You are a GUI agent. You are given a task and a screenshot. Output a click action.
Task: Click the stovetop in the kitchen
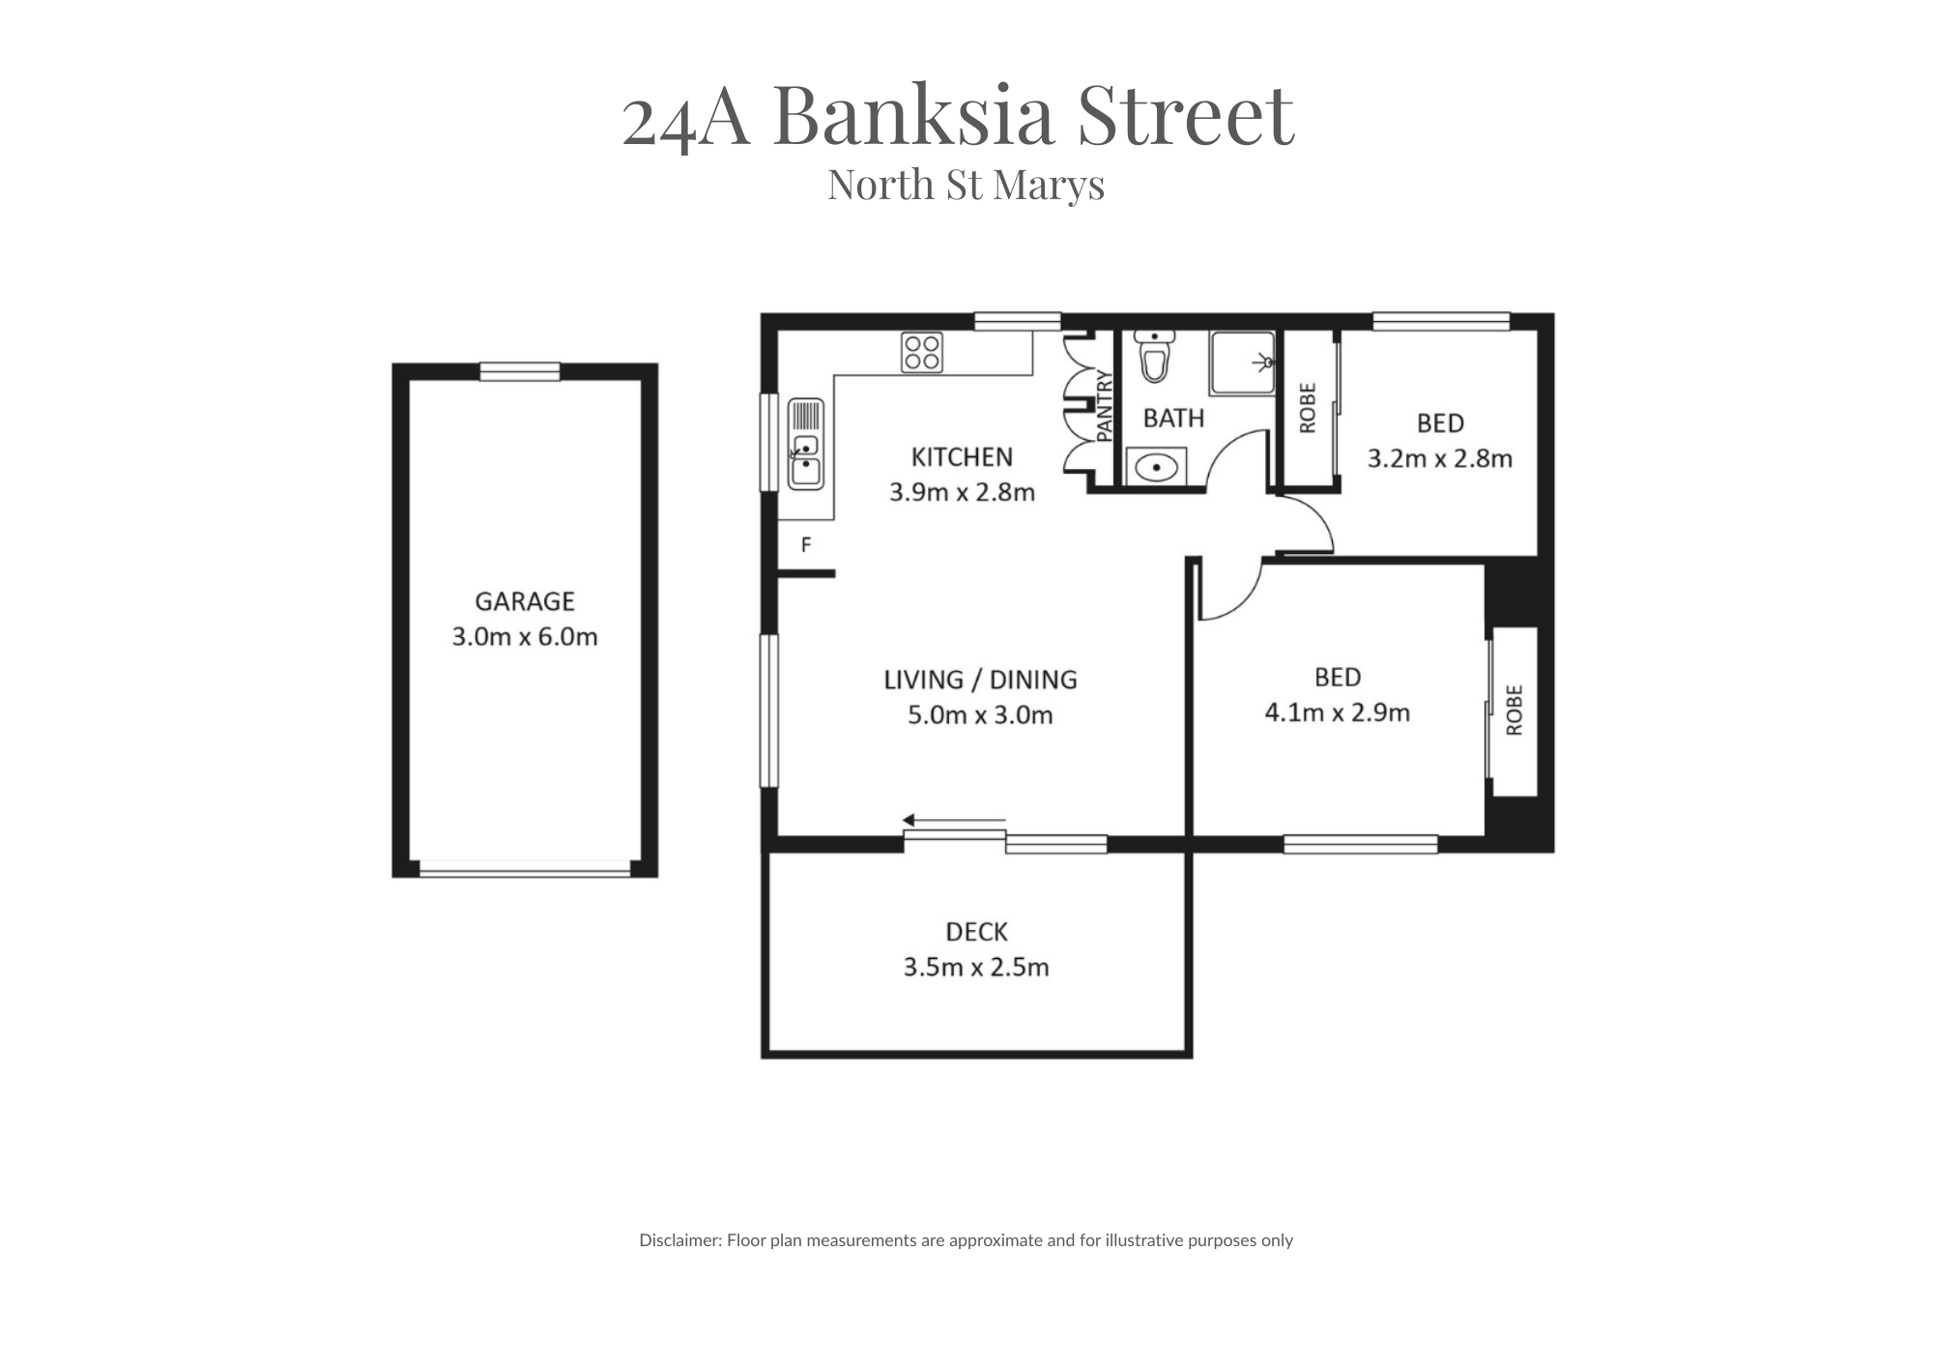point(922,352)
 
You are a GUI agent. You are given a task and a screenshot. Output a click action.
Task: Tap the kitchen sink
point(805,444)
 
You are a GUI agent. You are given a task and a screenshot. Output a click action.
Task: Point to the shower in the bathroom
point(1243,363)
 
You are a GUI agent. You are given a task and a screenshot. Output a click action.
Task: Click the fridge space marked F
point(806,545)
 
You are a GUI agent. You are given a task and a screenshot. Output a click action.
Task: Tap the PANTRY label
point(1106,407)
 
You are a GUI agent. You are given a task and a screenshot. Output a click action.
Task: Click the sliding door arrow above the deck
point(954,821)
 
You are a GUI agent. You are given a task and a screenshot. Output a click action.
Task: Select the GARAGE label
point(525,601)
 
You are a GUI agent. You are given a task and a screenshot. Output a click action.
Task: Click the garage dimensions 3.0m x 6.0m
point(525,637)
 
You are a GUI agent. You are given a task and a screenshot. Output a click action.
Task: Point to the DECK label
point(976,932)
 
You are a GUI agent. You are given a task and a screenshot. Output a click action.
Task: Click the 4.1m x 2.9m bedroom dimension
point(1338,713)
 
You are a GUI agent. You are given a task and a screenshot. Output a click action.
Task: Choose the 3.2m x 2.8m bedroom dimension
point(1440,458)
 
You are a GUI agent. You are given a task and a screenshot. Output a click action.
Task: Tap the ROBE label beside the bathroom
point(1308,408)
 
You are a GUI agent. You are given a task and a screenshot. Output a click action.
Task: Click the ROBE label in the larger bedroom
point(1515,711)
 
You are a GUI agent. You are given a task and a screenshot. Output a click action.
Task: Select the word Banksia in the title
point(914,115)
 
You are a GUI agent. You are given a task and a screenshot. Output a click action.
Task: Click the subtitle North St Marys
point(966,185)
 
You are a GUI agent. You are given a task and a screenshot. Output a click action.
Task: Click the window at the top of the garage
point(520,371)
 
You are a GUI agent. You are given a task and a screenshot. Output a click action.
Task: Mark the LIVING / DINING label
point(980,680)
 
